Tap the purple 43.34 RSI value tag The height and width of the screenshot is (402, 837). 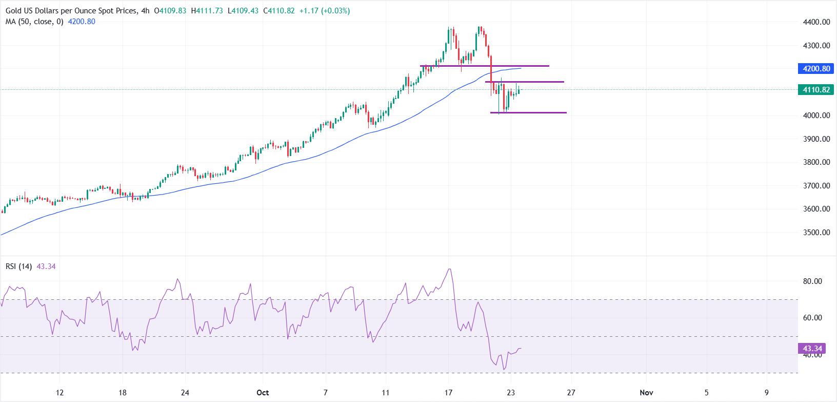(x=812, y=349)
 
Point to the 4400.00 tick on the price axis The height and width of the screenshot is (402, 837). (x=815, y=22)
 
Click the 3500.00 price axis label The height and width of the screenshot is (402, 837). (x=815, y=232)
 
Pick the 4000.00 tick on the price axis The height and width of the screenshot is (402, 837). (x=815, y=116)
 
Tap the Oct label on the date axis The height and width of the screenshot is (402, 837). (x=263, y=393)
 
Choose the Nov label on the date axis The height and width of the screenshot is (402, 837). (x=646, y=393)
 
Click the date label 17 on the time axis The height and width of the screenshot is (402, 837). (x=448, y=393)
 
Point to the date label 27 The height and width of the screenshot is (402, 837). (x=570, y=393)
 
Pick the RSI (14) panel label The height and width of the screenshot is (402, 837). (x=19, y=266)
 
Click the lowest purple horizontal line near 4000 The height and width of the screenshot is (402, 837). (x=528, y=112)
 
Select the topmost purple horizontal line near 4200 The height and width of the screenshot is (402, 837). (x=485, y=66)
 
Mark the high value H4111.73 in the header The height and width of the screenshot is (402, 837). (x=206, y=11)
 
